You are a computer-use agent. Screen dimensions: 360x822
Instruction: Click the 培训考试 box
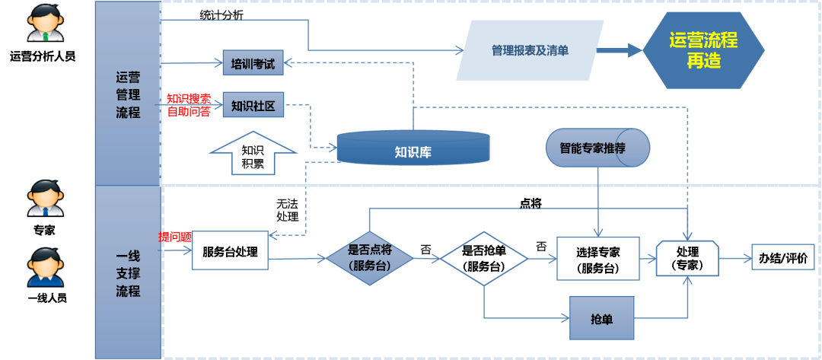tap(253, 64)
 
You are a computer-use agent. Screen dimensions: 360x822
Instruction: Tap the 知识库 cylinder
tap(413, 149)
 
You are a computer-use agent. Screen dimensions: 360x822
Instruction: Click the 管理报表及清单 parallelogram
tap(530, 50)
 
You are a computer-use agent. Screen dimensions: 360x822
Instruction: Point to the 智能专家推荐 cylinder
tap(597, 148)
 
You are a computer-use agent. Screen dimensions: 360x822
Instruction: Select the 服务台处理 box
tap(230, 253)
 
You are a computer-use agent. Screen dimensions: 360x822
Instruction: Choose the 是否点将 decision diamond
tap(369, 258)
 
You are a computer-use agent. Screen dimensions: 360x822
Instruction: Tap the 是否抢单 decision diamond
tap(484, 258)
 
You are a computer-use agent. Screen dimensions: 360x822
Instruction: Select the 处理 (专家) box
tap(687, 258)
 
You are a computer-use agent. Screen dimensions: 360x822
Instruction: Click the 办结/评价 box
tap(782, 257)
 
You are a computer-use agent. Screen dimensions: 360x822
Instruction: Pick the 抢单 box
tap(601, 319)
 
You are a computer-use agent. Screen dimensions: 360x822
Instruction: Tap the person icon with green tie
tap(46, 23)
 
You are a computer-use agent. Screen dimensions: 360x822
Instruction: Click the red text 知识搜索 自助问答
tap(188, 105)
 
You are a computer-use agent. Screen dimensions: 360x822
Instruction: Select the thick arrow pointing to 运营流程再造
tap(620, 50)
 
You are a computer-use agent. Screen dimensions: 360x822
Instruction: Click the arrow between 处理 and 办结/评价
tap(734, 258)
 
